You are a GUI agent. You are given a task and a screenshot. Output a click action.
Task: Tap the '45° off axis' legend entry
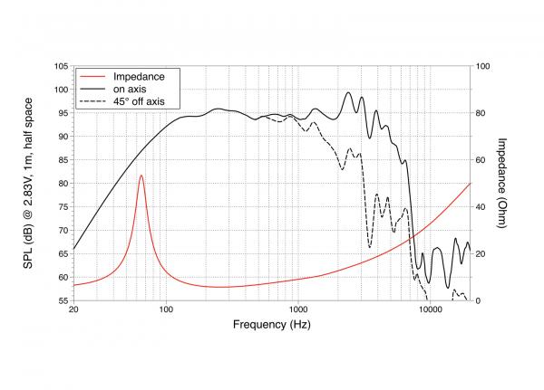point(138,100)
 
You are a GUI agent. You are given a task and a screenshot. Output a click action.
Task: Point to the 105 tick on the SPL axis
point(62,66)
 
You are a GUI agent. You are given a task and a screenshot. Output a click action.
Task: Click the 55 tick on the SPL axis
point(62,300)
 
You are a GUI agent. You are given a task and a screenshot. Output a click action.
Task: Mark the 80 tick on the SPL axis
point(62,184)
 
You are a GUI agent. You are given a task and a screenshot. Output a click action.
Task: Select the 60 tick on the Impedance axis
point(481,160)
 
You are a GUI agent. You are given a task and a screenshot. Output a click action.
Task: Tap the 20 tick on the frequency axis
point(73,310)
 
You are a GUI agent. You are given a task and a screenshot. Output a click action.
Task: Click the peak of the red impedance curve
point(141,176)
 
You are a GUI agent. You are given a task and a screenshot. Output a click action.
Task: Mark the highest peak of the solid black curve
point(348,92)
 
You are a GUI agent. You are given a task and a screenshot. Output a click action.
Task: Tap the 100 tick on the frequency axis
point(166,310)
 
